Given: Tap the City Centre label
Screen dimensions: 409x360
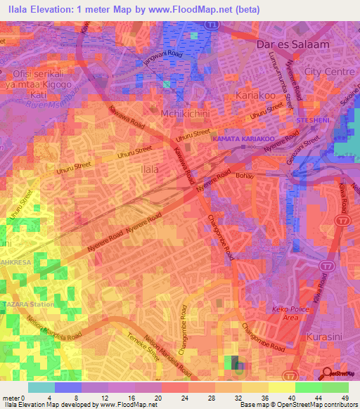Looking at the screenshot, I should (328, 72).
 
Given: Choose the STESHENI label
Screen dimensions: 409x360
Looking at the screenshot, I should (313, 121).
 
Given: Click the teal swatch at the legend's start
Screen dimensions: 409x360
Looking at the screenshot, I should (41, 387).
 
